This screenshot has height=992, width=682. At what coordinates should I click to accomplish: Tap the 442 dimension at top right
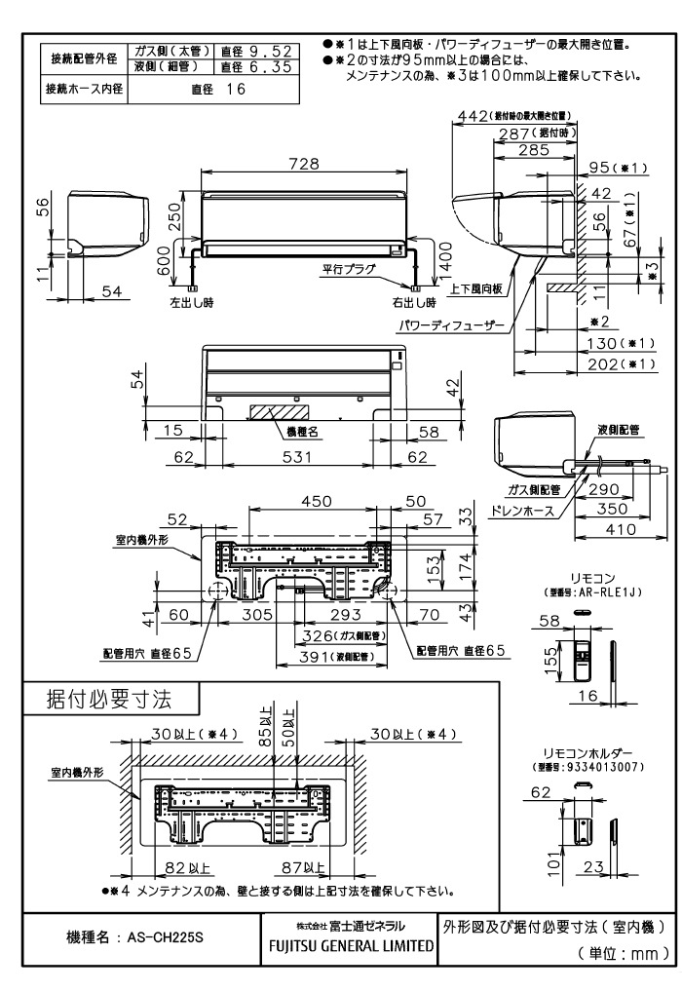[472, 117]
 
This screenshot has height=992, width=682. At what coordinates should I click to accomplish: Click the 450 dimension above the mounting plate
[312, 500]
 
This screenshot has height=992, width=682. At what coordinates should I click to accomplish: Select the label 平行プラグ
[350, 268]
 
